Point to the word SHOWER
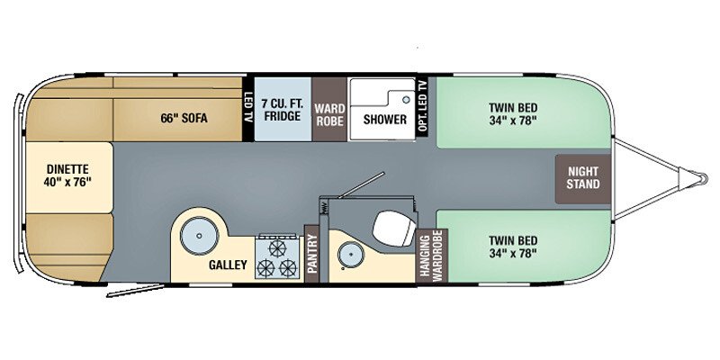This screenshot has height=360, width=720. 385,119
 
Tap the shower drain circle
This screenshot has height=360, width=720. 406,99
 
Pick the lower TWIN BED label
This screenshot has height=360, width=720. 514,247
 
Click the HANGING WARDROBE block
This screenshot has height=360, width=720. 430,256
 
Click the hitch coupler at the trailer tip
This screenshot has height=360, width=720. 695,175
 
